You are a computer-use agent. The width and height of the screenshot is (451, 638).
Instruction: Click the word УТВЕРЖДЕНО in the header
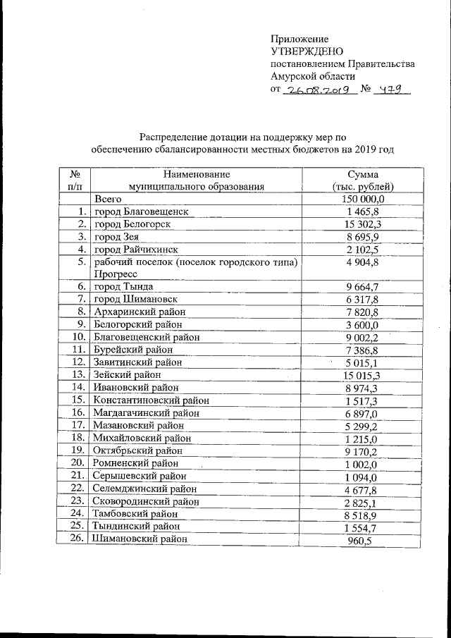click(x=307, y=51)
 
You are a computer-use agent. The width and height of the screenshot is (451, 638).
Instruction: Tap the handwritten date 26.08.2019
click(x=316, y=90)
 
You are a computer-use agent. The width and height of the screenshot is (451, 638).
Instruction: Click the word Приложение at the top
click(x=299, y=38)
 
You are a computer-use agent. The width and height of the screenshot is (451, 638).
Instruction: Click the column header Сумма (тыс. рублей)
click(x=363, y=180)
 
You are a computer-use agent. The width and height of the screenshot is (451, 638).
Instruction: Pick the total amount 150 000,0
click(x=363, y=200)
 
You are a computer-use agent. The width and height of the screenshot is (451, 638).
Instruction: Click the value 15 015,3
click(x=363, y=375)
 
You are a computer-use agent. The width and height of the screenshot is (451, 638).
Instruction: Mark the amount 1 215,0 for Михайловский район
click(x=363, y=438)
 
